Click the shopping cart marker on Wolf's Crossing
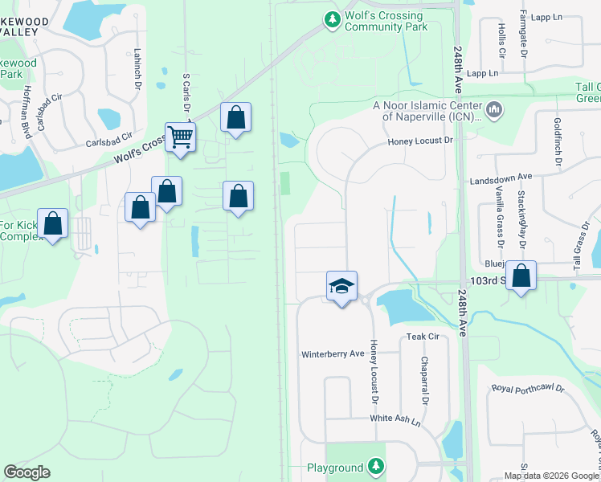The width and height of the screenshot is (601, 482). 180,137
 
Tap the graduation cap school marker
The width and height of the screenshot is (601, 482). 341,286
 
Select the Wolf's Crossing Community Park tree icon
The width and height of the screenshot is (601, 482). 331,19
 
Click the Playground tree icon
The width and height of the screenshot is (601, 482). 375,466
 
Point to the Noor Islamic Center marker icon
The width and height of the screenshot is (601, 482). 493,108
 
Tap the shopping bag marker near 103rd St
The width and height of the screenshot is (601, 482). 521,276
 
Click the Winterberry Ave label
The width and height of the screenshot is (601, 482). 333,354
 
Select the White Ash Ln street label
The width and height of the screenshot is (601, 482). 395,419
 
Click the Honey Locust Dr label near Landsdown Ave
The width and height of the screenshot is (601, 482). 420,141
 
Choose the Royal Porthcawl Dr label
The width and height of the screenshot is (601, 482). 528,390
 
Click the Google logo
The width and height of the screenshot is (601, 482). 27,472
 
